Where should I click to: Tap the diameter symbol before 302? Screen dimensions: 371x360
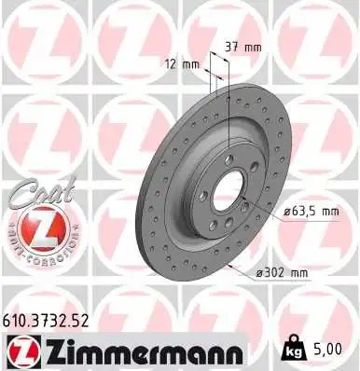258,272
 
